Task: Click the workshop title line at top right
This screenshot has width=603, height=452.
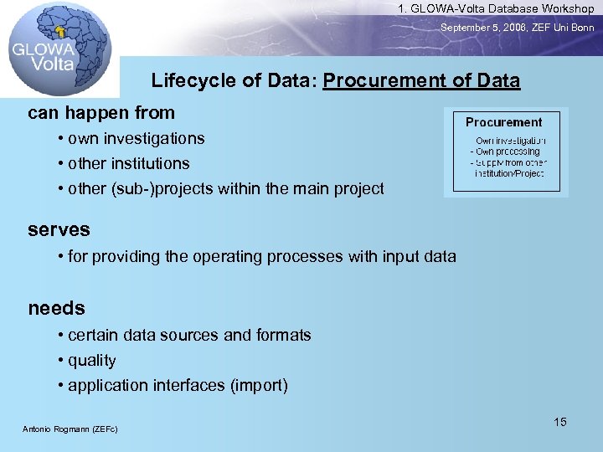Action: pyautogui.click(x=496, y=8)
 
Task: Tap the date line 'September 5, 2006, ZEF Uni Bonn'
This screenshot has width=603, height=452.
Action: pyautogui.click(x=518, y=28)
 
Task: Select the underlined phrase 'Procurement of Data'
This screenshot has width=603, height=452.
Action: pyautogui.click(x=421, y=81)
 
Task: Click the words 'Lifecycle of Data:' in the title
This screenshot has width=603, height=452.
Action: pyautogui.click(x=234, y=81)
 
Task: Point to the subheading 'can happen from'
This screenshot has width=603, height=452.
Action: pyautogui.click(x=101, y=113)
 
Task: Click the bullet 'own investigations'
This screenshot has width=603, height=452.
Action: pyautogui.click(x=136, y=138)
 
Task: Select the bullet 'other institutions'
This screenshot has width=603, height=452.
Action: pyautogui.click(x=128, y=163)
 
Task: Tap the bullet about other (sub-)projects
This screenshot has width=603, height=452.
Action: pyautogui.click(x=225, y=188)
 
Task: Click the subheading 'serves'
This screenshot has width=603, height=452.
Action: pyautogui.click(x=59, y=229)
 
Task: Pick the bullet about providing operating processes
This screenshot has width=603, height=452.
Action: pyautogui.click(x=261, y=256)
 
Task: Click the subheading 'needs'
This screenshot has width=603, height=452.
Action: pyautogui.click(x=57, y=308)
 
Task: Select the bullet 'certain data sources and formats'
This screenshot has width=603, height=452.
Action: pyautogui.click(x=188, y=335)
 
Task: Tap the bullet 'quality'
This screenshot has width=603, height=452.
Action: pyautogui.click(x=91, y=361)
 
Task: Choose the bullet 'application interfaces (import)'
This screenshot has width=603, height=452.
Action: pyautogui.click(x=178, y=386)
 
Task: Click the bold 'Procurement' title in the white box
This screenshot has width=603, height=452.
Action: pyautogui.click(x=503, y=122)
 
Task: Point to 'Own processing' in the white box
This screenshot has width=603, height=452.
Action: pyautogui.click(x=508, y=152)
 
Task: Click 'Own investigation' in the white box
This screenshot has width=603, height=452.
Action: pyautogui.click(x=510, y=141)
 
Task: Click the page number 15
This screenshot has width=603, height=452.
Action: pyautogui.click(x=560, y=422)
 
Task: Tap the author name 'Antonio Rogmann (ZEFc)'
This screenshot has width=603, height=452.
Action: pyautogui.click(x=70, y=429)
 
